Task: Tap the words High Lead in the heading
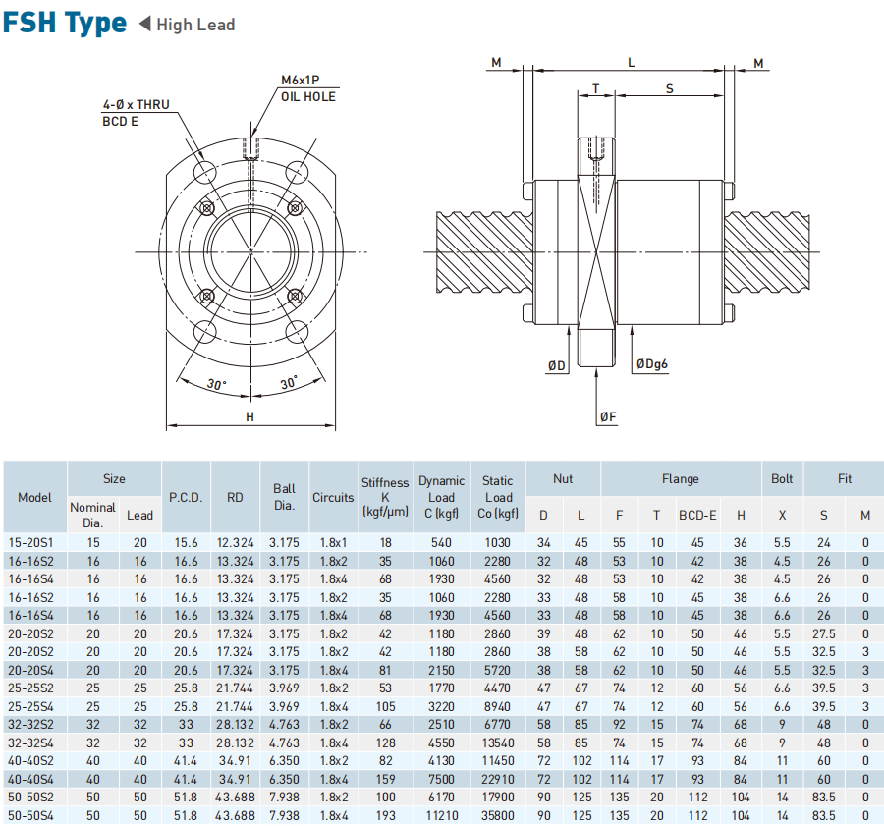click(x=195, y=25)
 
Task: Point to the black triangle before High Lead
click(x=144, y=24)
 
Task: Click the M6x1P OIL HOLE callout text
click(x=307, y=88)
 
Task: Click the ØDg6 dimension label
click(x=651, y=365)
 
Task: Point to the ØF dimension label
click(x=608, y=417)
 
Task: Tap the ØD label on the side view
click(x=557, y=365)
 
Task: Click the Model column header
click(x=34, y=497)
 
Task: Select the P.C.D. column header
click(x=186, y=497)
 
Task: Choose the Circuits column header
click(x=333, y=497)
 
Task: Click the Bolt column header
click(x=782, y=479)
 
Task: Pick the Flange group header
click(x=680, y=479)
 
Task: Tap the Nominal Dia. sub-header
click(x=92, y=515)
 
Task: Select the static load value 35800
click(x=498, y=816)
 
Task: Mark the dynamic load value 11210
click(x=442, y=816)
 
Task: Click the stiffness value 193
click(x=385, y=816)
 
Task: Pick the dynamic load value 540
click(x=442, y=542)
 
